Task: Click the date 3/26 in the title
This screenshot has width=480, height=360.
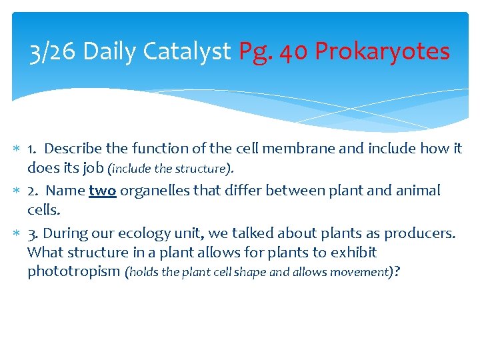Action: coord(54,51)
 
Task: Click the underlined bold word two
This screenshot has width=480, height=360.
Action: coord(102,191)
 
